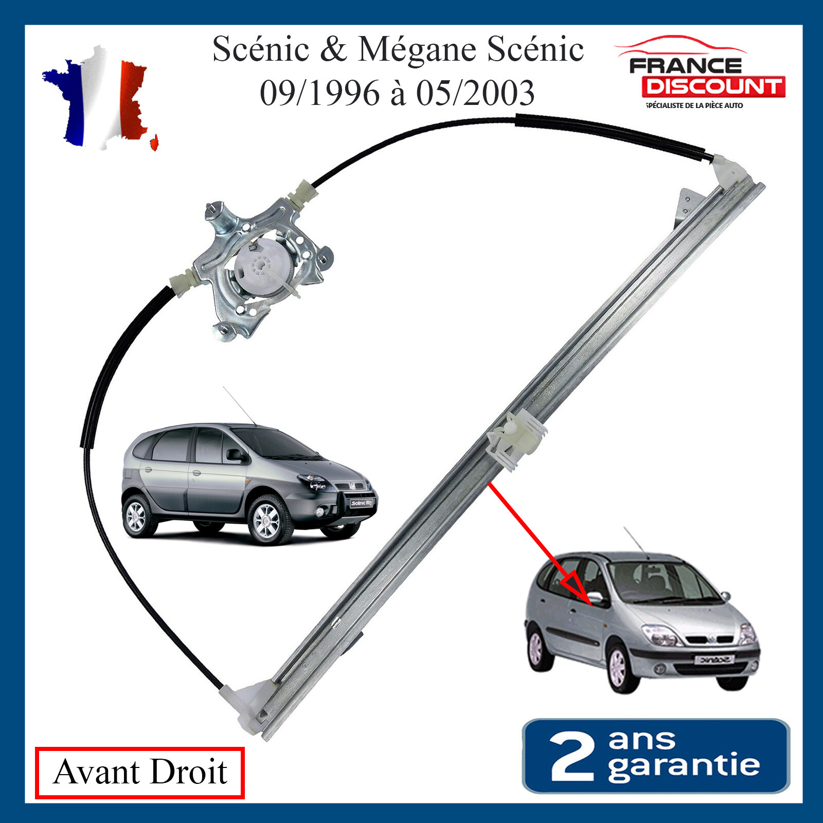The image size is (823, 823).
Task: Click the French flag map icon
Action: pyautogui.click(x=100, y=98)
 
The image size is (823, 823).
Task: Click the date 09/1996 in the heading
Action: pyautogui.click(x=319, y=93)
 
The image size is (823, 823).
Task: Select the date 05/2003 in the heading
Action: pyautogui.click(x=475, y=93)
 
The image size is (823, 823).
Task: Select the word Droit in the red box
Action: pyautogui.click(x=189, y=772)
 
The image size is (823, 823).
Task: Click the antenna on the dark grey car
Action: pyautogui.click(x=239, y=405)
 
